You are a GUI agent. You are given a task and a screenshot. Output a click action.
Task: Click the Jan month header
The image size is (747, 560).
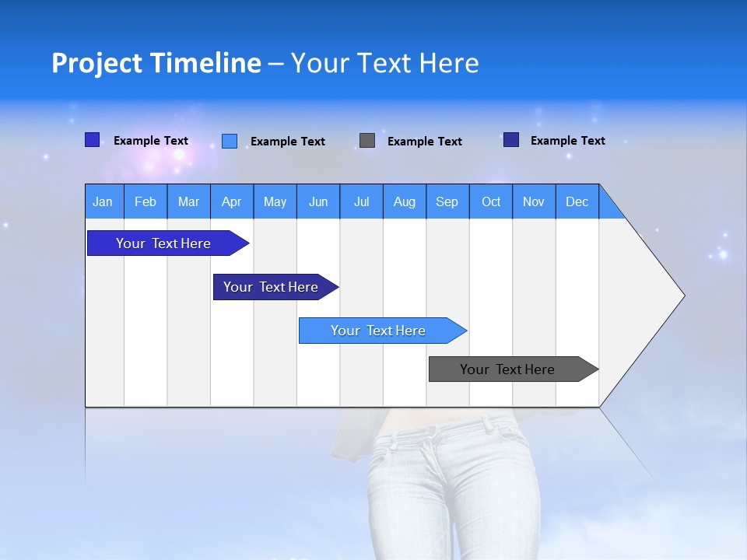coord(103,201)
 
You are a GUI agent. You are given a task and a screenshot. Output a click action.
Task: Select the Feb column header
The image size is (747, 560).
coord(146,201)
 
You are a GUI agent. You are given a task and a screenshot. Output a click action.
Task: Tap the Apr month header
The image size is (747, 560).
coord(231,201)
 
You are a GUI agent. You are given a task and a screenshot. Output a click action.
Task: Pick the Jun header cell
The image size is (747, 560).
coord(318,201)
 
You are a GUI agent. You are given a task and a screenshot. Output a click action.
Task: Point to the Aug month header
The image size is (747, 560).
coord(405,201)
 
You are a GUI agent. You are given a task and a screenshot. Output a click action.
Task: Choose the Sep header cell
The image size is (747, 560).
coord(447,201)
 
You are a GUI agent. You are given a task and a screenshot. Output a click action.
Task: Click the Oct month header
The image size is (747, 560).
coord(491,201)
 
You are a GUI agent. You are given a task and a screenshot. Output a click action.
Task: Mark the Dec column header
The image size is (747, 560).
coord(577,201)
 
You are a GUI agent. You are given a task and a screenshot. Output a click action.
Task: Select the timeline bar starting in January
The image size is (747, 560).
coord(163,243)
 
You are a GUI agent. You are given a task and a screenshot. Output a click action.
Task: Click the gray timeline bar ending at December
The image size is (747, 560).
coord(507,369)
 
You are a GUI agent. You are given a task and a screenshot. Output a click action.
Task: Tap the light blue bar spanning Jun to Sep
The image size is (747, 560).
coord(378,331)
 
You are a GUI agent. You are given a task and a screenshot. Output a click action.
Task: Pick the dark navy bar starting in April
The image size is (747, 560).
coord(271,287)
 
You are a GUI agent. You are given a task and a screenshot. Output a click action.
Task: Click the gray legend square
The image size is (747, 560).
coord(367,140)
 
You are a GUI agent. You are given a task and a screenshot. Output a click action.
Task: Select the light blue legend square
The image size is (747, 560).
coord(230,141)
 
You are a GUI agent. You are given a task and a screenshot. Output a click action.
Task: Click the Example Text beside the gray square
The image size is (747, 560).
coord(424,142)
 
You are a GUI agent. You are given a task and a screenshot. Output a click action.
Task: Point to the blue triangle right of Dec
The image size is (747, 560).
coord(609,207)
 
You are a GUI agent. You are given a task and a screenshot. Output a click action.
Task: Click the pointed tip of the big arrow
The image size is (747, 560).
coord(682,295)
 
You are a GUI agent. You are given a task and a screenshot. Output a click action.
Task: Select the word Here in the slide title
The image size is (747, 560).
coord(449,63)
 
